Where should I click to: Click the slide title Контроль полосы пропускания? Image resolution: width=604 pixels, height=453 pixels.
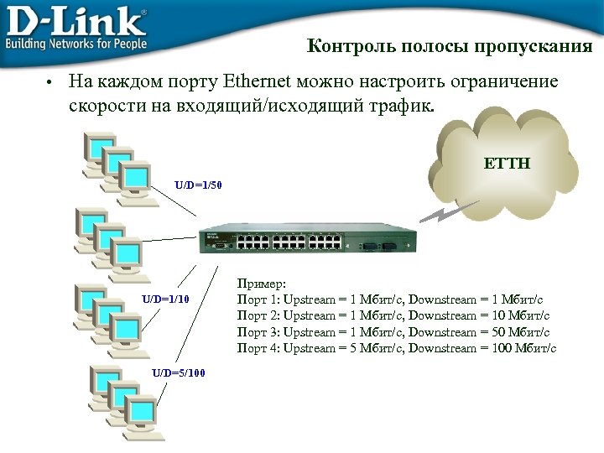coord(450,46)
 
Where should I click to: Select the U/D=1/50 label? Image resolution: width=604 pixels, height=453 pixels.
coord(199,183)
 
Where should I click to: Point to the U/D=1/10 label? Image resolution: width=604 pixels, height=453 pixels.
coord(166,298)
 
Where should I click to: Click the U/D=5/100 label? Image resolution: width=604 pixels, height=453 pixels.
coord(178,372)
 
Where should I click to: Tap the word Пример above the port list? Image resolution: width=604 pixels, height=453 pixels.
coord(262,285)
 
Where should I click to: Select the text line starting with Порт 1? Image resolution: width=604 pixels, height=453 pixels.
coord(391,299)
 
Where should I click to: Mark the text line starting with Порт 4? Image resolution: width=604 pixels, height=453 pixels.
coord(397,347)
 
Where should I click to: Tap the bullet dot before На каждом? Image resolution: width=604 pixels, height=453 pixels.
coord(49,83)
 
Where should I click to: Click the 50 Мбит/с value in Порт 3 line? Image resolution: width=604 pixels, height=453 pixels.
coord(518,331)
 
